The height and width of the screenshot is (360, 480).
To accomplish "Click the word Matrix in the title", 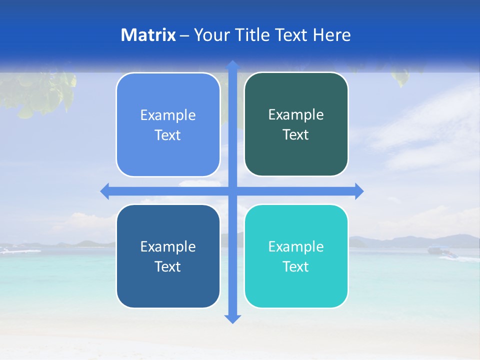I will pyautogui.click(x=148, y=35).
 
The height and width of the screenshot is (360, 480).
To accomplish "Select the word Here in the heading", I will pyautogui.click(x=332, y=35).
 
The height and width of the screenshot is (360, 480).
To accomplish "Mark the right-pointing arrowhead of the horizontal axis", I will pyautogui.click(x=358, y=191).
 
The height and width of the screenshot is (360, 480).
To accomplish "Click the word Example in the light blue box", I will pyautogui.click(x=168, y=115).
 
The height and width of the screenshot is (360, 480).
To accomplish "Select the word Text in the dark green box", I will pyautogui.click(x=296, y=134).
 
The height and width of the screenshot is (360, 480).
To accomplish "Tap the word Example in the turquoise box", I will pyautogui.click(x=296, y=246).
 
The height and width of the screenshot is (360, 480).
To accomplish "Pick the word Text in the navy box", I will pyautogui.click(x=168, y=266).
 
